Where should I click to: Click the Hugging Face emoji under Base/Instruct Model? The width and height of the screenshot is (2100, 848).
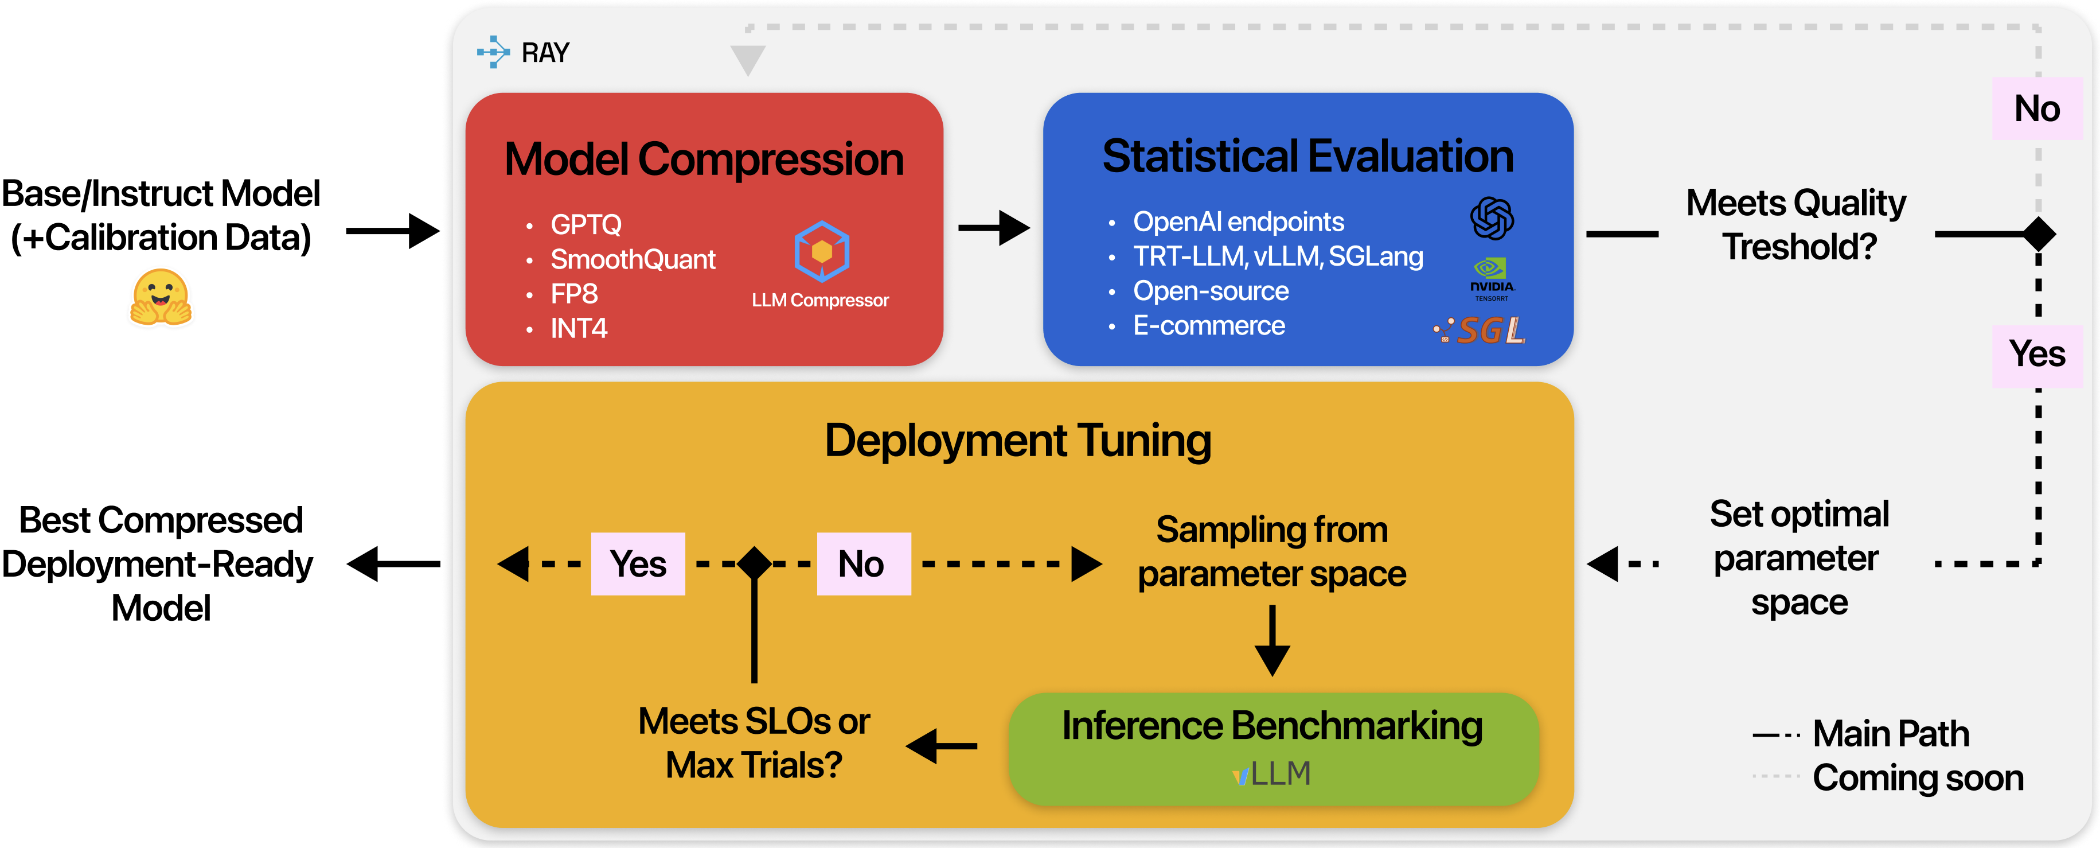[161, 298]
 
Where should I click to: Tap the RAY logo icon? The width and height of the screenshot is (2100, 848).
[493, 52]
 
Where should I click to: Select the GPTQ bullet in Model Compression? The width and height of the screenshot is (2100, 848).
[585, 224]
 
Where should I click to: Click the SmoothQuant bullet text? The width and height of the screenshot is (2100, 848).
[633, 259]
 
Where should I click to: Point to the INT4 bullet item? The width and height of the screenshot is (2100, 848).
[578, 329]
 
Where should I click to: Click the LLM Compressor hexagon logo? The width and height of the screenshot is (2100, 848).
[821, 251]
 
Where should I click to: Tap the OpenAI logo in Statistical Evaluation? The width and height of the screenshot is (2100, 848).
[1491, 219]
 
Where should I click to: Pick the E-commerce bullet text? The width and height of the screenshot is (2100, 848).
[1208, 326]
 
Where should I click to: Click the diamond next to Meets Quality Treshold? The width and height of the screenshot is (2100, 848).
[2039, 235]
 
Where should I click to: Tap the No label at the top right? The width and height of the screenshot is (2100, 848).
[2036, 109]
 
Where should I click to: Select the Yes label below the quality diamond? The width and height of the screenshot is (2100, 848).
[2036, 355]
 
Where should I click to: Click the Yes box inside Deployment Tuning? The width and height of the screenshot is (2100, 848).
[638, 564]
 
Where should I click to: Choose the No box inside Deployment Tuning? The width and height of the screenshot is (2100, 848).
[862, 564]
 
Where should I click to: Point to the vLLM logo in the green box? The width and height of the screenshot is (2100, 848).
[1272, 773]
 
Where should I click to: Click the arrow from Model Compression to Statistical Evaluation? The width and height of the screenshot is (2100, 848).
[993, 228]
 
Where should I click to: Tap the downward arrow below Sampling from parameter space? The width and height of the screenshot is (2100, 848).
[1272, 640]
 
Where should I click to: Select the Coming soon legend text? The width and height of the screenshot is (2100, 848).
[1918, 778]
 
